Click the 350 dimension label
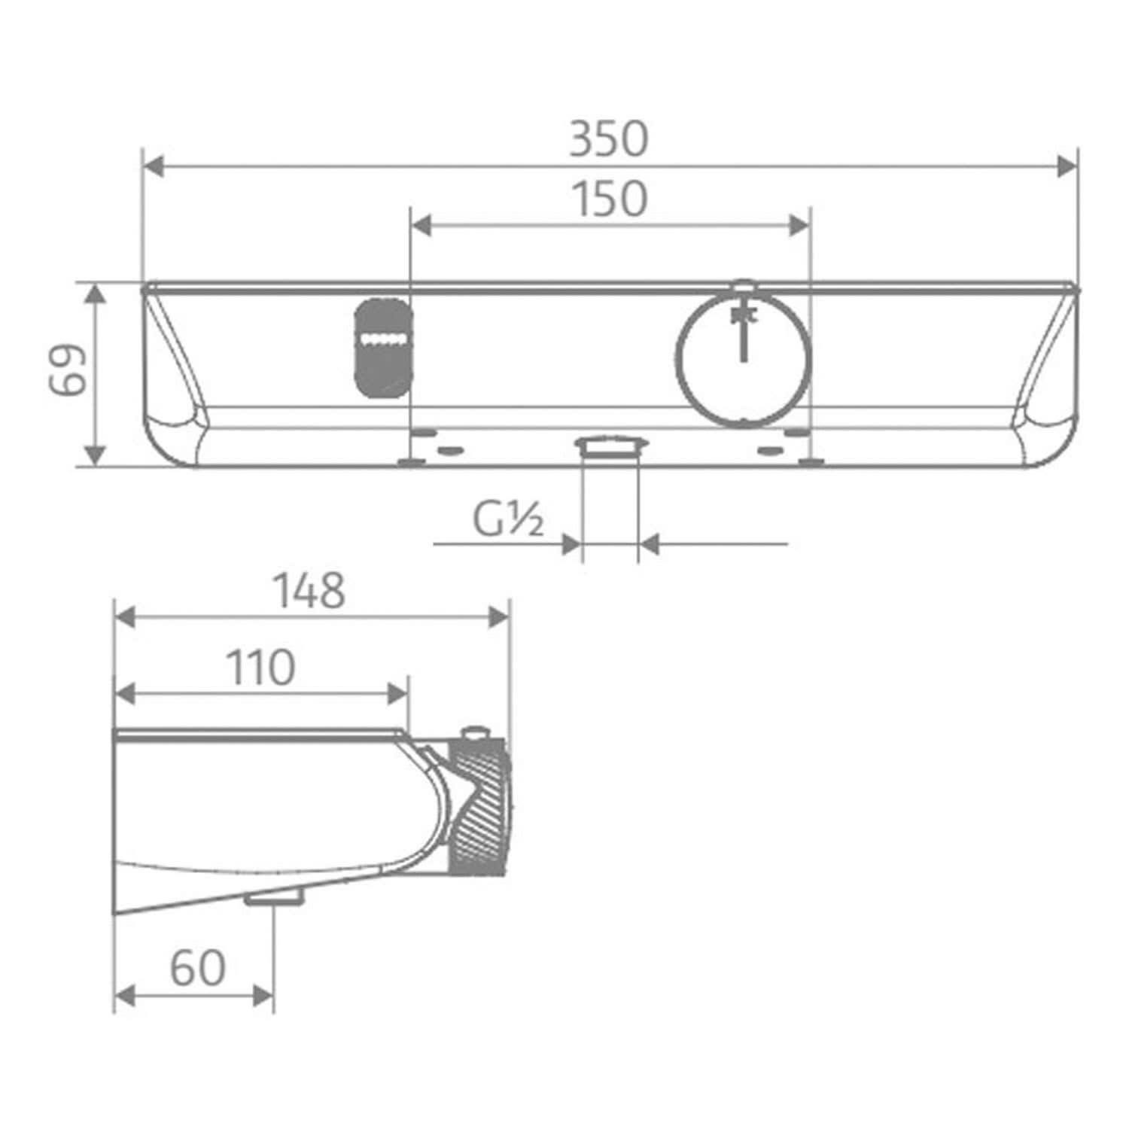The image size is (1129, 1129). pyautogui.click(x=608, y=139)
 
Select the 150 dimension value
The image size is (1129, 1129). pyautogui.click(x=610, y=199)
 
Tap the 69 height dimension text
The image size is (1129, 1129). pyautogui.click(x=68, y=370)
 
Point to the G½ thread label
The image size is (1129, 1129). pyautogui.click(x=508, y=519)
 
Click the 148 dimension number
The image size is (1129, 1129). pyautogui.click(x=309, y=591)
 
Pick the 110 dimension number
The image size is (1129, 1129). pyautogui.click(x=260, y=668)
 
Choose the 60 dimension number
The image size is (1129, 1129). pyautogui.click(x=197, y=968)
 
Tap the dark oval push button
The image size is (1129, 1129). pyautogui.click(x=382, y=346)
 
